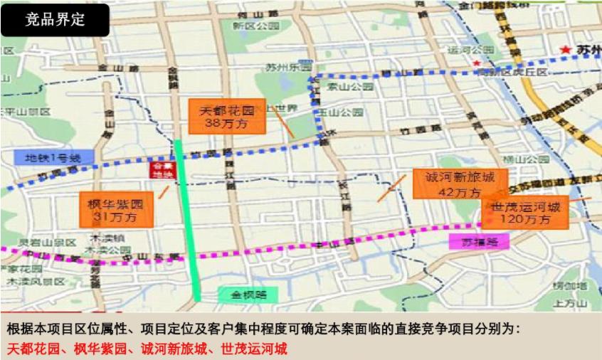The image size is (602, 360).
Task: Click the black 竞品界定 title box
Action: [55, 20]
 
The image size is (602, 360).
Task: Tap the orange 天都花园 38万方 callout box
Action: [226, 117]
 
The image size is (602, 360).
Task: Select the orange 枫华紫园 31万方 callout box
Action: [115, 211]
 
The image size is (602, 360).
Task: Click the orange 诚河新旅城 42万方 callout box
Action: [450, 184]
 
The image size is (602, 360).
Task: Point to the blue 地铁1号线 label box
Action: [53, 158]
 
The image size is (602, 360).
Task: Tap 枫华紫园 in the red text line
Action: [102, 349]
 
